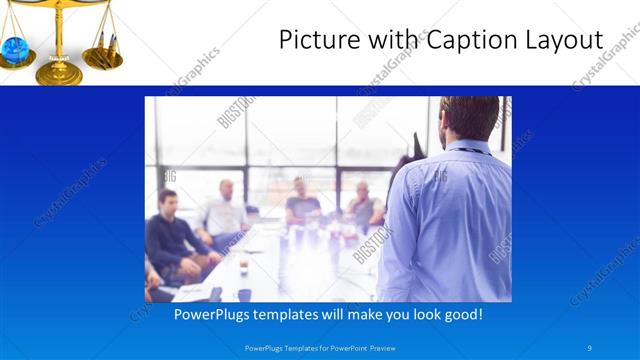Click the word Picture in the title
[x=316, y=41]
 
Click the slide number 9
[x=589, y=347]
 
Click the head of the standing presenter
[x=467, y=117]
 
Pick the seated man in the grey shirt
[x=362, y=207]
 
